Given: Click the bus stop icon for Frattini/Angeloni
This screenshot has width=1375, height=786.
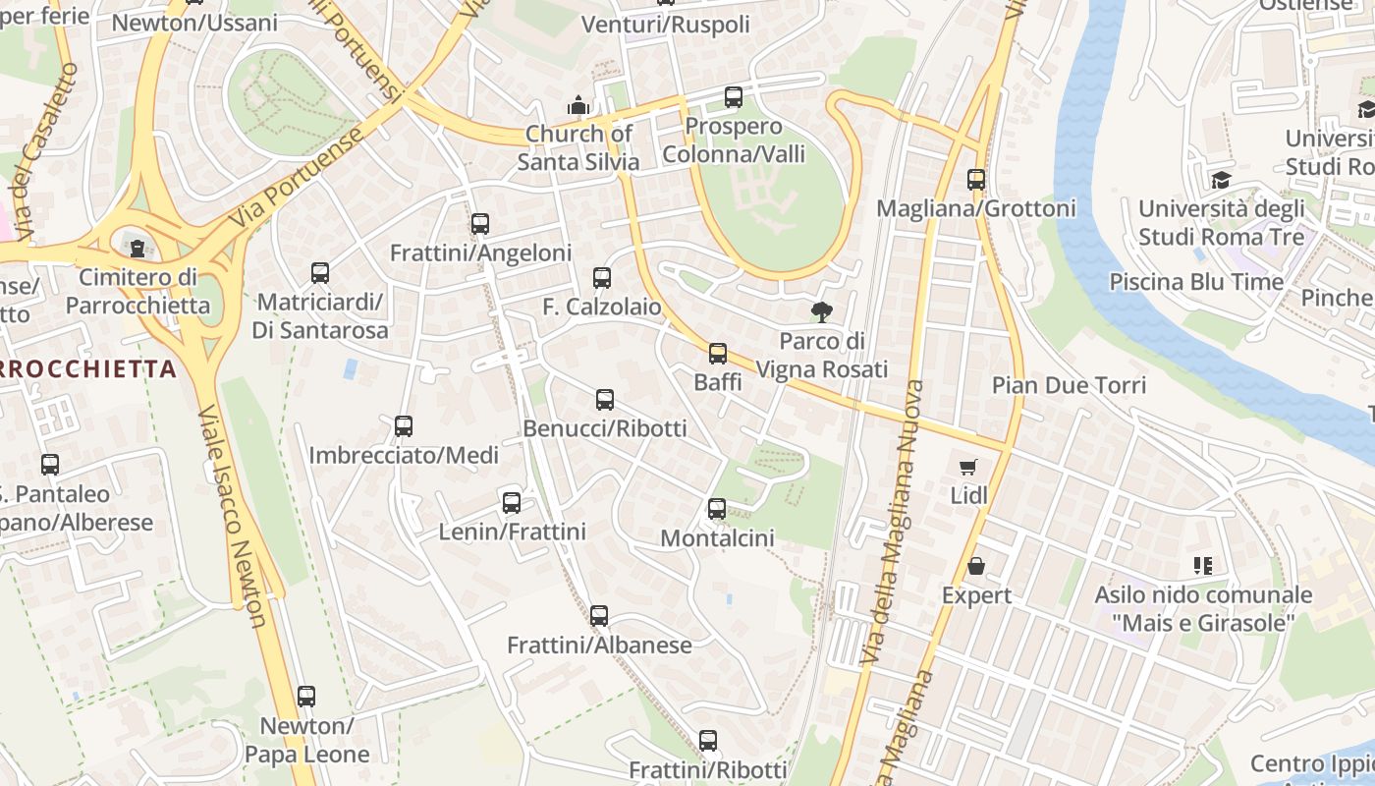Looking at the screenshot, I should (479, 224).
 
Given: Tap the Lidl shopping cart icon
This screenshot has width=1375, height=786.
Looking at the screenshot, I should (968, 467).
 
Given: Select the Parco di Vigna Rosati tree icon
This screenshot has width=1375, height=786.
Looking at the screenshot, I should (821, 312).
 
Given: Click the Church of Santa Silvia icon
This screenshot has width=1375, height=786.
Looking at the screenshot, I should (578, 104).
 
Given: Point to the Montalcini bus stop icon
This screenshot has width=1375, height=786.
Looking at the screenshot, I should (717, 509).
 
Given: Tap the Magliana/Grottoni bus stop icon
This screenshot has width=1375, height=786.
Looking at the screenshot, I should (975, 180).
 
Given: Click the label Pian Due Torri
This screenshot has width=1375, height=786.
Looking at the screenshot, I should (1069, 384).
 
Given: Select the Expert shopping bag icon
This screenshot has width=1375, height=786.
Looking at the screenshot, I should (976, 566).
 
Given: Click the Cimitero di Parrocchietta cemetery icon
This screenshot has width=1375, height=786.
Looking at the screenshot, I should (138, 247).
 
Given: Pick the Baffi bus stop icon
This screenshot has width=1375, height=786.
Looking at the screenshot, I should (718, 354).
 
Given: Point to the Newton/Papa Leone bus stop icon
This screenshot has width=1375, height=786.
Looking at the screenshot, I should (306, 697).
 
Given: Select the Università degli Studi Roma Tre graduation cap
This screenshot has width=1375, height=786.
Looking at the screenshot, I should (1221, 180).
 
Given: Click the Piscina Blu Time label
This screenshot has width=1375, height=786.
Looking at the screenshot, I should (1195, 282).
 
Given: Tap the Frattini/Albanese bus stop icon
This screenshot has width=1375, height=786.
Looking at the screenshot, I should (599, 616).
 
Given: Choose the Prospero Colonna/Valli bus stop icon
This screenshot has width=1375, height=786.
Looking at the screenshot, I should (733, 97).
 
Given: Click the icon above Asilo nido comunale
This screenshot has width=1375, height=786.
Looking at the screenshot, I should (1203, 565).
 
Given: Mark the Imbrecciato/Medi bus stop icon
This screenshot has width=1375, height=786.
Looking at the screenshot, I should (403, 426).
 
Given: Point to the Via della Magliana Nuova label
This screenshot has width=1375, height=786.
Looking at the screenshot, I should (892, 521).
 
